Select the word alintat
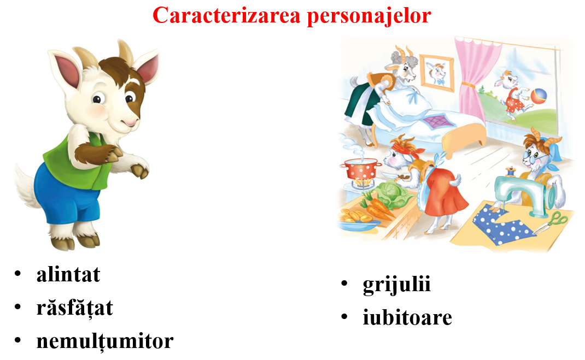tap(68, 275)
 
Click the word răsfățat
tap(74, 308)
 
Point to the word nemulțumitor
tap(105, 341)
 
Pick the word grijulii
tap(396, 285)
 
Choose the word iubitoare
tap(407, 317)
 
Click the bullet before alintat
tap(17, 274)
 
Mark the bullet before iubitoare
tap(344, 317)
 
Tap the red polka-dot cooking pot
tap(361, 169)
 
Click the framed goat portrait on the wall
tap(436, 73)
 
